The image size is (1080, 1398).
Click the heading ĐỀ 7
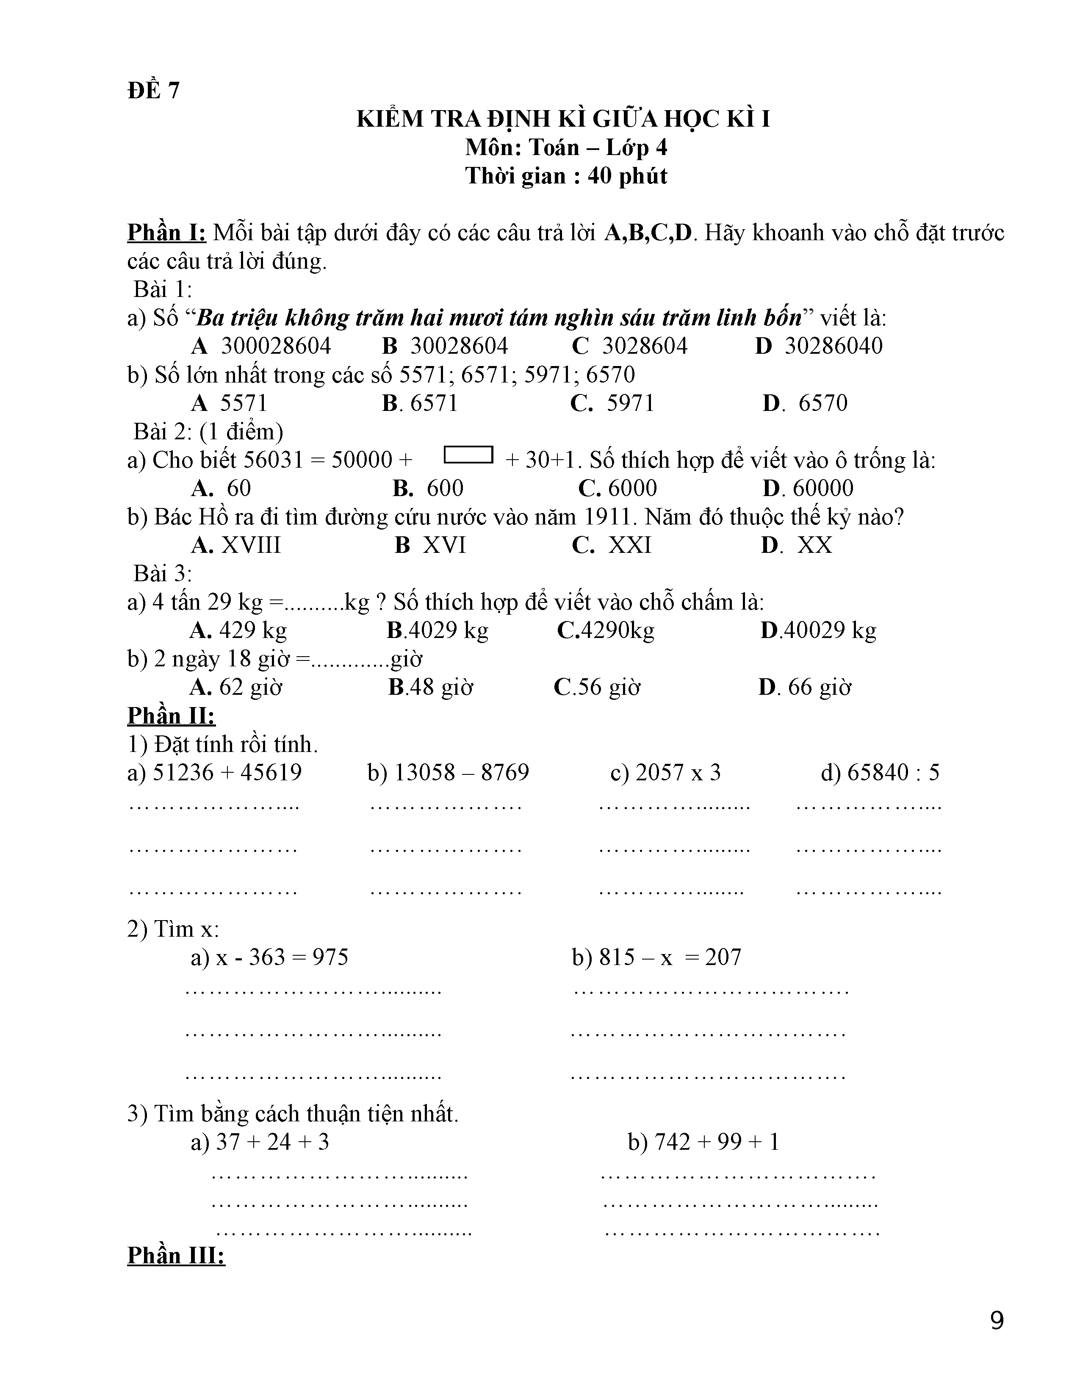pyautogui.click(x=154, y=90)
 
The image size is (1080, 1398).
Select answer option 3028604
pyautogui.click(x=644, y=346)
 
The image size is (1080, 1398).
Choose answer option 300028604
pyautogui.click(x=276, y=346)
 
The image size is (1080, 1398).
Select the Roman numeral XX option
pyautogui.click(x=814, y=545)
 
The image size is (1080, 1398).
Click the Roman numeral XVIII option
pyautogui.click(x=251, y=545)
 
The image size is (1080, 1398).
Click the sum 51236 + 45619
pyautogui.click(x=227, y=773)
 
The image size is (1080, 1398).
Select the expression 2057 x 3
pyautogui.click(x=678, y=773)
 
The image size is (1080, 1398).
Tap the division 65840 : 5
pyautogui.click(x=893, y=773)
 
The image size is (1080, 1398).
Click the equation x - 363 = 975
pyautogui.click(x=282, y=957)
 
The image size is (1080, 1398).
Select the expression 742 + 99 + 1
pyautogui.click(x=717, y=1142)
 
